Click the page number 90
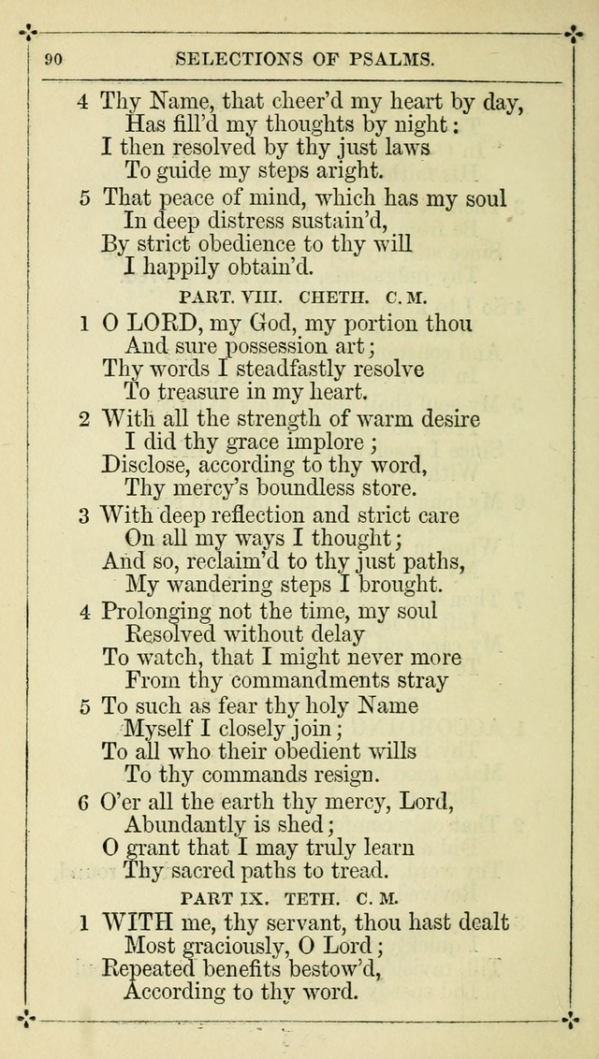click(x=53, y=60)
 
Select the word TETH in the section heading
click(x=331, y=898)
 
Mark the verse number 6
click(x=83, y=802)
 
